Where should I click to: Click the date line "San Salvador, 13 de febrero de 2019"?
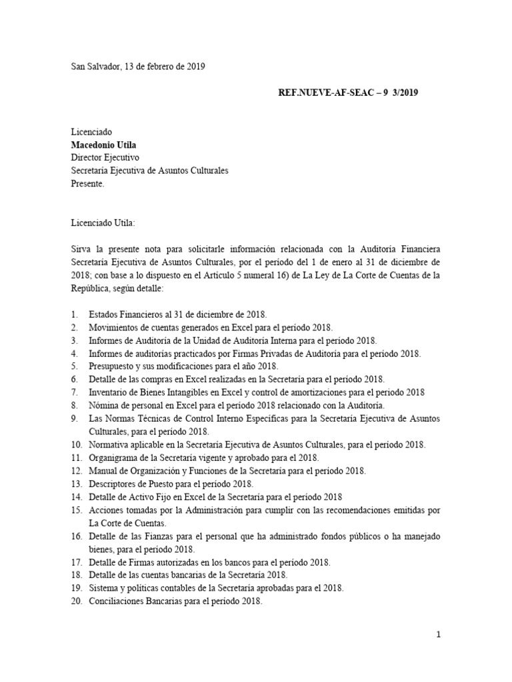(x=138, y=67)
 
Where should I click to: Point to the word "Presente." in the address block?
(x=88, y=183)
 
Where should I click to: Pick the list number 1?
(x=74, y=313)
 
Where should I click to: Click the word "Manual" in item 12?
(x=103, y=471)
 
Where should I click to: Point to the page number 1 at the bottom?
(x=438, y=635)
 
